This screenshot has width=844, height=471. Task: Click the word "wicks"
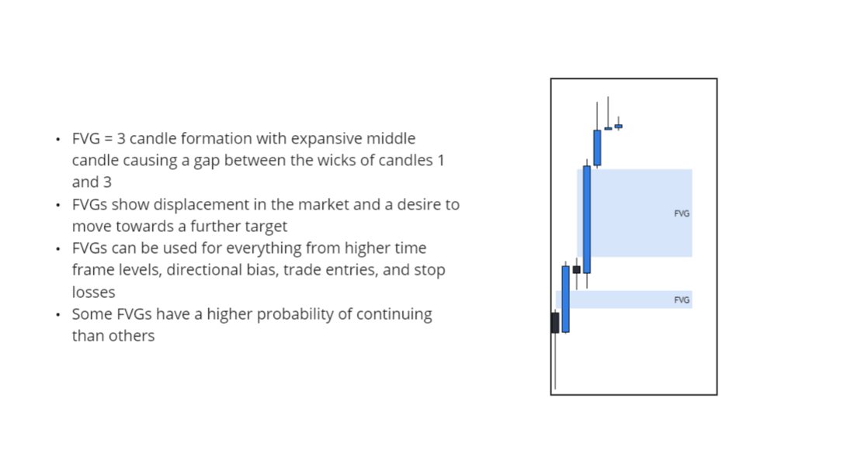point(339,161)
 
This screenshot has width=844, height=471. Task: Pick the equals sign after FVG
point(109,139)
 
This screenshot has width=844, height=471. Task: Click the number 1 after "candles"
point(440,161)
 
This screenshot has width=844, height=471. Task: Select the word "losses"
point(93,293)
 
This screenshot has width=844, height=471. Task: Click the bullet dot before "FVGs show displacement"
point(58,206)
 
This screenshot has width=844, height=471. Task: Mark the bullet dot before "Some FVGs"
point(58,315)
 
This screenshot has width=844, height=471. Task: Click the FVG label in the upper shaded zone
point(682,213)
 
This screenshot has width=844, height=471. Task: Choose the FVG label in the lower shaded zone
point(682,300)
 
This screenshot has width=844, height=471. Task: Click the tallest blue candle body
point(587,219)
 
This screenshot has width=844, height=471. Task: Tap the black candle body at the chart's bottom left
point(555,323)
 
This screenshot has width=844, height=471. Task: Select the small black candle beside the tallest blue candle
point(576,269)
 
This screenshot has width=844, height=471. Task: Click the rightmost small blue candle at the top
point(619,126)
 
